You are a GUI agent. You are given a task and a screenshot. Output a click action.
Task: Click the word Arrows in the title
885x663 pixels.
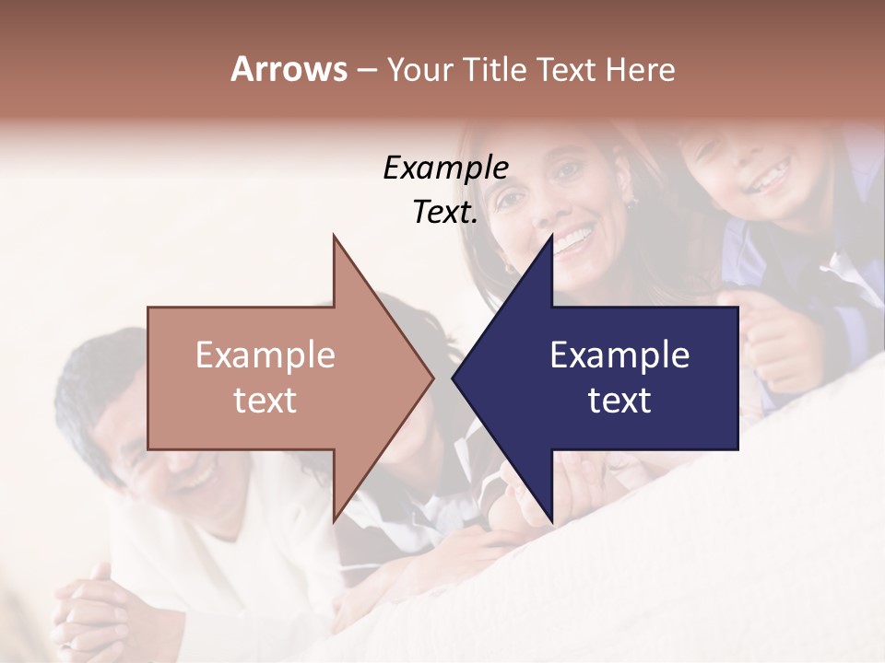click(x=289, y=69)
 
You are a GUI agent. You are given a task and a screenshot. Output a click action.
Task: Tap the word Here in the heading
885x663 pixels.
click(x=639, y=69)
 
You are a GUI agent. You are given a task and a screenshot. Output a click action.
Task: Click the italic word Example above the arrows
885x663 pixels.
click(x=445, y=168)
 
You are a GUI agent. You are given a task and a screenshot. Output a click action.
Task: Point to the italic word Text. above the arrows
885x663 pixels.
click(x=445, y=212)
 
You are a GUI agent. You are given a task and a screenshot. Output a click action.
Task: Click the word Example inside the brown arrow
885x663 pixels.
click(x=265, y=355)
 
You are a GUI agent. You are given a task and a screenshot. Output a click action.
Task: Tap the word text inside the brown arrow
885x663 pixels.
click(x=265, y=401)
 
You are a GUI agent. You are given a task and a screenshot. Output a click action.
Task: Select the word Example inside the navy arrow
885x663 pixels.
click(x=619, y=355)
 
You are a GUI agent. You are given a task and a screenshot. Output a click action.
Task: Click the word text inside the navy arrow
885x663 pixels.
click(x=619, y=401)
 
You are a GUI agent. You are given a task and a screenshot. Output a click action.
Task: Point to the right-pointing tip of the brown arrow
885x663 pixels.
click(x=432, y=378)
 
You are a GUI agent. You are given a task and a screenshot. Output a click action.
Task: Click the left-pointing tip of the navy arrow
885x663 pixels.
click(x=454, y=378)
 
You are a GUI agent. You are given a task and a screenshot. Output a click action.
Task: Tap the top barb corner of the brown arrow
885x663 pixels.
click(x=334, y=236)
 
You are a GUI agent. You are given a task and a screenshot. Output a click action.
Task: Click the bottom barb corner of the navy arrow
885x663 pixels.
click(x=551, y=520)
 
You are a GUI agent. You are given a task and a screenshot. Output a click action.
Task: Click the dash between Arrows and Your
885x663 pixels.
click(x=366, y=71)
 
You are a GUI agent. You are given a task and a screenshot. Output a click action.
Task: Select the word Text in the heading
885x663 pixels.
click(x=567, y=69)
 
